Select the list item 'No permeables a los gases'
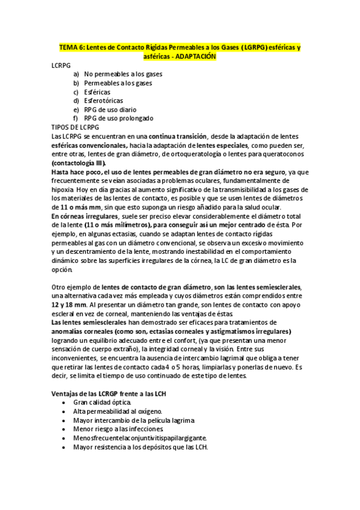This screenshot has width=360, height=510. [123, 74]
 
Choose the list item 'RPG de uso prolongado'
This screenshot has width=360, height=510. [118, 118]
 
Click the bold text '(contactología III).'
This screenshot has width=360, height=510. [79, 163]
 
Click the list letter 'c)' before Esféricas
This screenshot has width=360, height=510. [76, 92]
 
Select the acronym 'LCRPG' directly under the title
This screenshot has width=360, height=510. [61, 65]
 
